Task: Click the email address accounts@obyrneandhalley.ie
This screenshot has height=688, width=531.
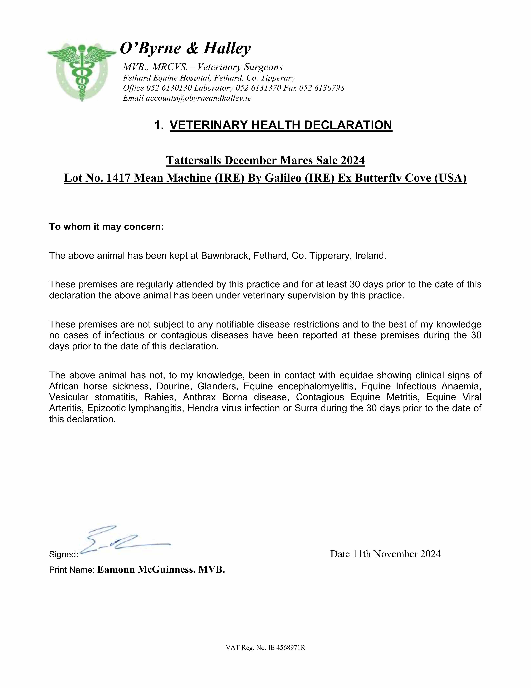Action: [x=198, y=98]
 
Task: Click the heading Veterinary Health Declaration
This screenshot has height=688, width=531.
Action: [x=281, y=125]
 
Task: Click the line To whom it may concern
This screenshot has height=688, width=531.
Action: [x=106, y=227]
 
